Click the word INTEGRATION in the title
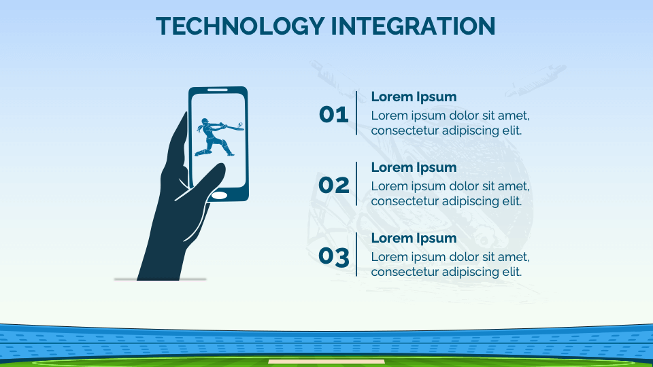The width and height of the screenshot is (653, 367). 413,26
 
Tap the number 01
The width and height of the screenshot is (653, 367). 333,115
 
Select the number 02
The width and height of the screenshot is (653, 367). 333,185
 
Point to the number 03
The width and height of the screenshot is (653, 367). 333,256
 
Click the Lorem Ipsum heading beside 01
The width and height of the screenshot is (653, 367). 414,97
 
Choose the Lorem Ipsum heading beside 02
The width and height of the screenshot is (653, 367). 414,167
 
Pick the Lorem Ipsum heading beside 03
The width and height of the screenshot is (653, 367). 414,238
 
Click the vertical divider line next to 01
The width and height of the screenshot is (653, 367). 356,113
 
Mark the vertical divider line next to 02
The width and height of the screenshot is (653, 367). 356,183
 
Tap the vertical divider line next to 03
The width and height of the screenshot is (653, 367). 356,254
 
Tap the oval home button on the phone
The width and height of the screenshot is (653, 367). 220,195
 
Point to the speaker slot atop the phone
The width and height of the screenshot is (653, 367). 218,90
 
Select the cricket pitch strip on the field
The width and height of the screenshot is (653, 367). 326,362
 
